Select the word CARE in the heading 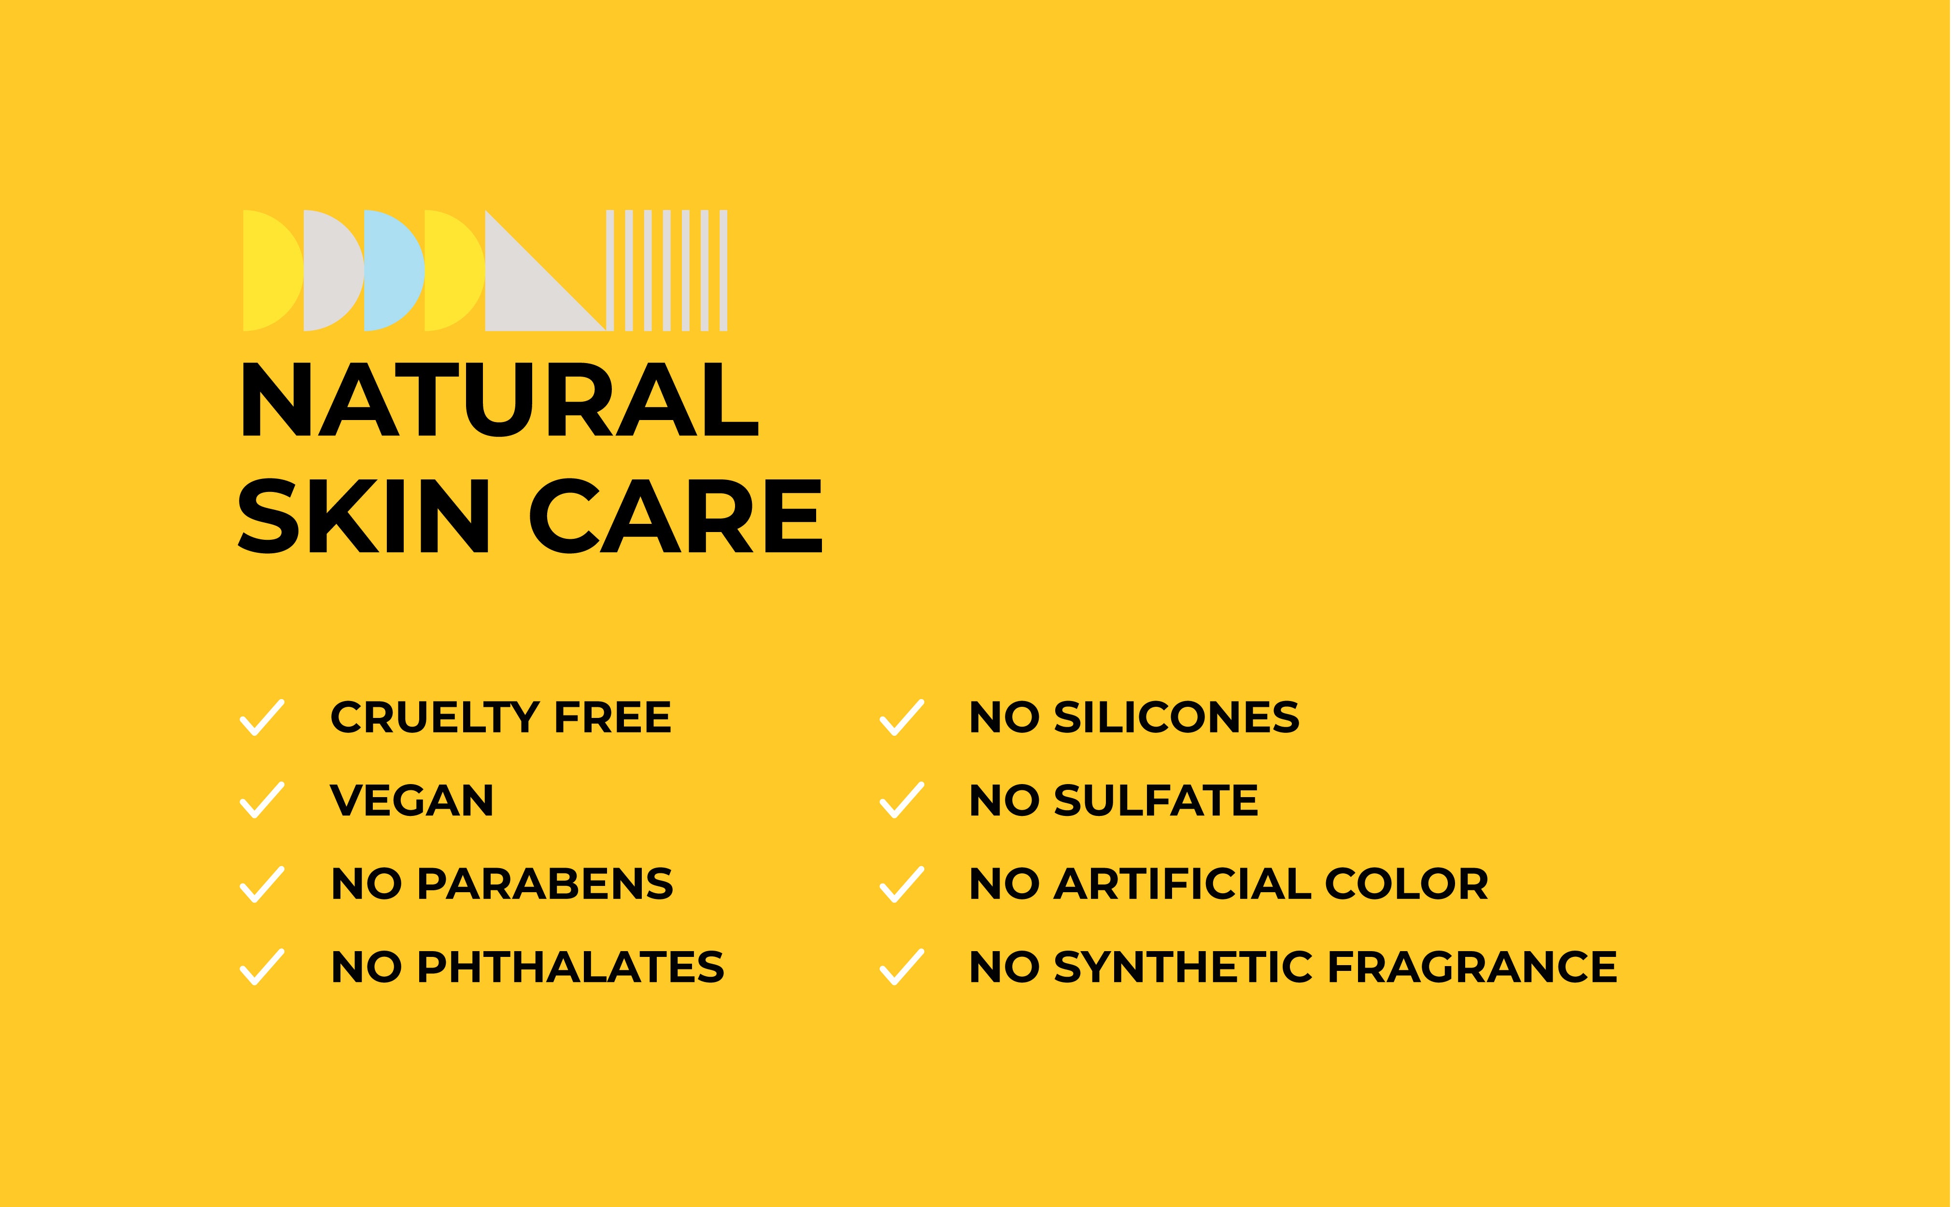click(x=676, y=516)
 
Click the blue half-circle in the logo click(x=394, y=271)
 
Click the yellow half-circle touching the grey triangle click(x=453, y=271)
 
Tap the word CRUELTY click(x=436, y=717)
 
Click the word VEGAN click(x=412, y=800)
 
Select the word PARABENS click(x=545, y=884)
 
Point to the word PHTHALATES click(x=571, y=967)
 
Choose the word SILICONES click(x=1177, y=717)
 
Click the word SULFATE click(x=1156, y=800)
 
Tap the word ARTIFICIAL click(x=1183, y=884)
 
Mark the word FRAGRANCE click(x=1472, y=967)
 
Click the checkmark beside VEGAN click(x=262, y=800)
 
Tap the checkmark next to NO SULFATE click(x=901, y=800)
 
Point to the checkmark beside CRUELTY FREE click(x=262, y=717)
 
